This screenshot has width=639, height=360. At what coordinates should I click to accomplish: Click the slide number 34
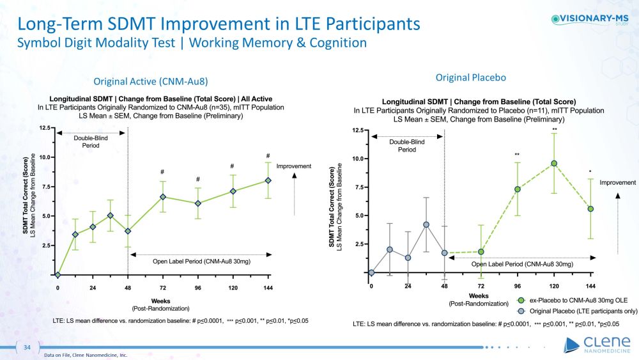(27, 347)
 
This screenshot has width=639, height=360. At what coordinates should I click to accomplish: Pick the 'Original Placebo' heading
(470, 77)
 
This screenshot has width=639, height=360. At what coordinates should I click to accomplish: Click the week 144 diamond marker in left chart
(268, 180)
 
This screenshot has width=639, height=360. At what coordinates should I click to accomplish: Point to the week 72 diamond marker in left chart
(163, 197)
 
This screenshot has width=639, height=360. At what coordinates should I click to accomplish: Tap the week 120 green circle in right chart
(554, 163)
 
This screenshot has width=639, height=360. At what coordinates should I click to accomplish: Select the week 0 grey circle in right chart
(371, 272)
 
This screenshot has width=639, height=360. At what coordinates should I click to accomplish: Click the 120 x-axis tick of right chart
(554, 286)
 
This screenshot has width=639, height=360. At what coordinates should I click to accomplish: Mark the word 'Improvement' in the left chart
(293, 166)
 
